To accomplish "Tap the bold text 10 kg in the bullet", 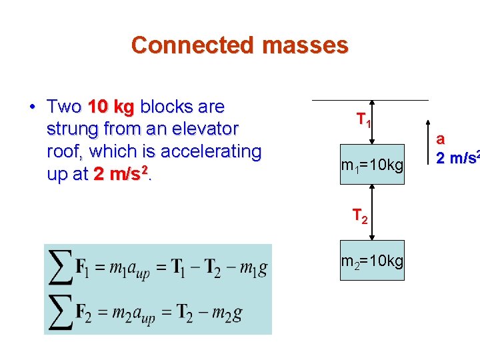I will pos(111,107).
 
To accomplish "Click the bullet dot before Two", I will pos(32,107).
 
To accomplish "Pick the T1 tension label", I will pos(363,121).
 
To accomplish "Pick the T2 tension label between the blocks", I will pos(360,216).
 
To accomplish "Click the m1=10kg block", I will pos(372,165).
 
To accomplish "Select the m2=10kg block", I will pos(372,261).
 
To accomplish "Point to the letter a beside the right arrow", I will pos(440,140).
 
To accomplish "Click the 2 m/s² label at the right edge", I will pos(457,158).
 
